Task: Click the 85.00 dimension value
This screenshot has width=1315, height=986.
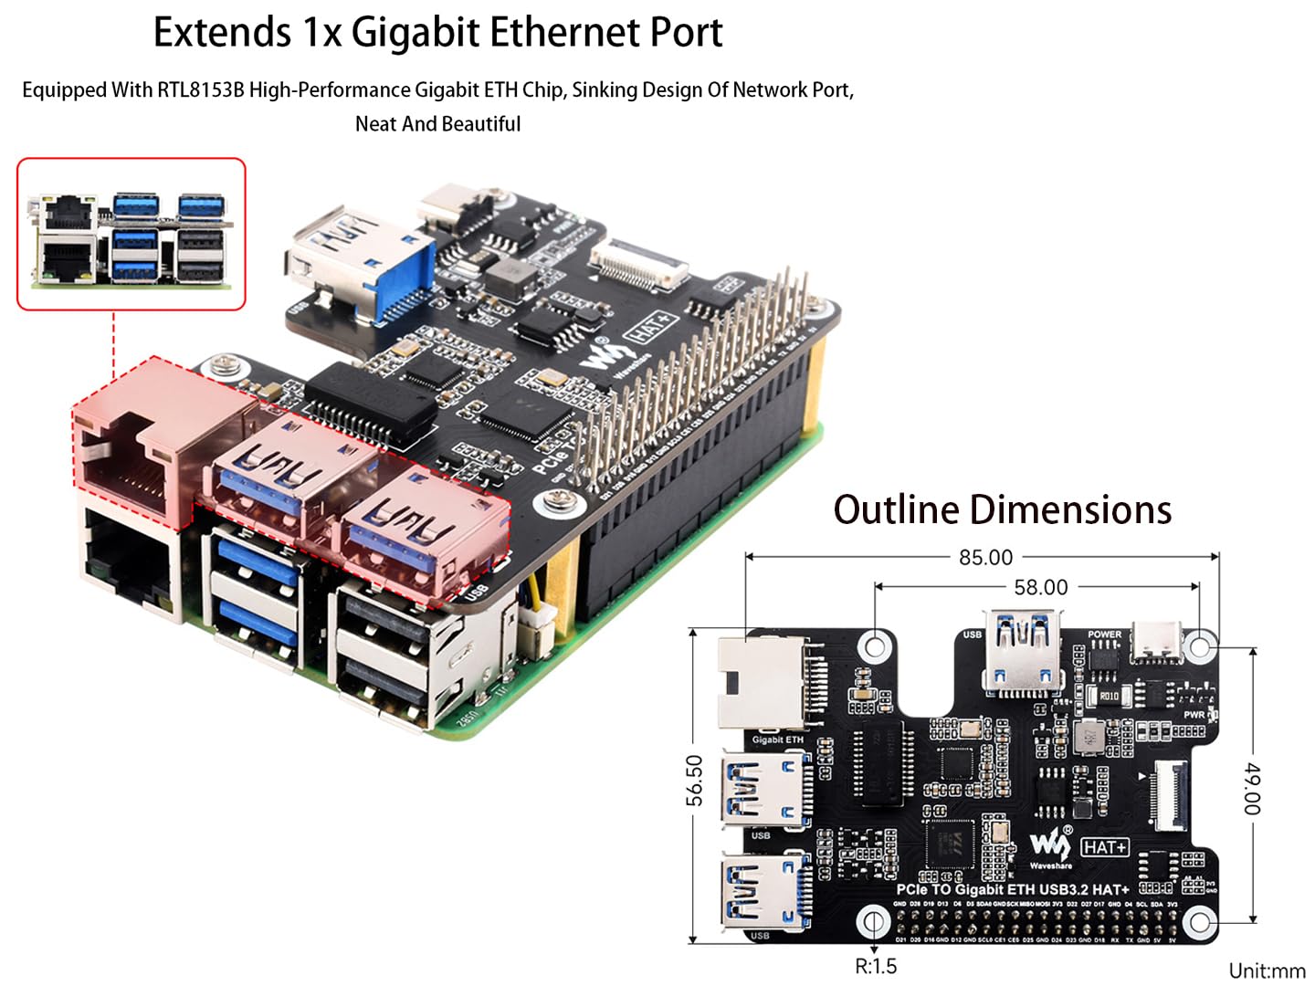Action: [985, 557]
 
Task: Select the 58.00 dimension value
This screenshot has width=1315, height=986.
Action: [1040, 587]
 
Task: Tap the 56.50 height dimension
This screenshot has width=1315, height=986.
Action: [695, 781]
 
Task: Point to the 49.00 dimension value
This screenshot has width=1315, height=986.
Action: [1252, 789]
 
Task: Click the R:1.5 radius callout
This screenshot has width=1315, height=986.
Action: [875, 966]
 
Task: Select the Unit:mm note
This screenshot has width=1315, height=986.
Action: [1267, 970]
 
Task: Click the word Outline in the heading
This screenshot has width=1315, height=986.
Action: [892, 509]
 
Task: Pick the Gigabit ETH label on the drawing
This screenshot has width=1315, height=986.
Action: [777, 739]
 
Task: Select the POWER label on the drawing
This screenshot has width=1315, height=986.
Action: [1104, 635]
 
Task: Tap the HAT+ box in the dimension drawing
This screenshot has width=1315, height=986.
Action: [1105, 847]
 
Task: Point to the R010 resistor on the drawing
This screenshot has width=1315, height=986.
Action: [1108, 696]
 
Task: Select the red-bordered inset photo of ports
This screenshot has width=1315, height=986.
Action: [131, 234]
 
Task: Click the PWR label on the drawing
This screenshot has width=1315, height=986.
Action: [1194, 715]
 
